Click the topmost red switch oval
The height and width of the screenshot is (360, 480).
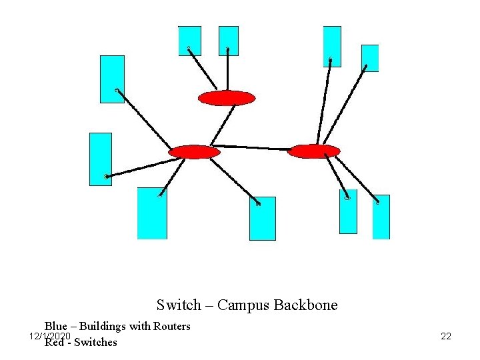tap(227, 98)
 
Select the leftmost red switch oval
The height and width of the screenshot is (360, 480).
tap(194, 152)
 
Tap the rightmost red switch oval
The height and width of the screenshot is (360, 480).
tap(313, 151)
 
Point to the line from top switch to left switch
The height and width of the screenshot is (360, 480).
tap(224, 125)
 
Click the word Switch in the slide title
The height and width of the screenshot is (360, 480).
tap(178, 305)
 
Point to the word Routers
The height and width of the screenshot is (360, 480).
tap(172, 326)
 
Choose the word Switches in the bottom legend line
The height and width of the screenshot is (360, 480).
tap(95, 343)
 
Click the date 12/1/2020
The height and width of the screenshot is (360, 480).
tap(49, 335)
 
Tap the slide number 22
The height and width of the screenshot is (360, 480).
tap(446, 336)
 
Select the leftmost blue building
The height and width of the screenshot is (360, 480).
tap(101, 159)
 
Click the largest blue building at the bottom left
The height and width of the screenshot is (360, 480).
tap(152, 213)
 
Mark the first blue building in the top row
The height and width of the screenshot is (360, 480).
tap(189, 41)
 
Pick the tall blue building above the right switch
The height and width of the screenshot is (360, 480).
tap(332, 46)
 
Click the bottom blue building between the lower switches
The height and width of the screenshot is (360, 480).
tap(262, 218)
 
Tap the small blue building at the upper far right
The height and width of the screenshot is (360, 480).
tap(370, 58)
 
